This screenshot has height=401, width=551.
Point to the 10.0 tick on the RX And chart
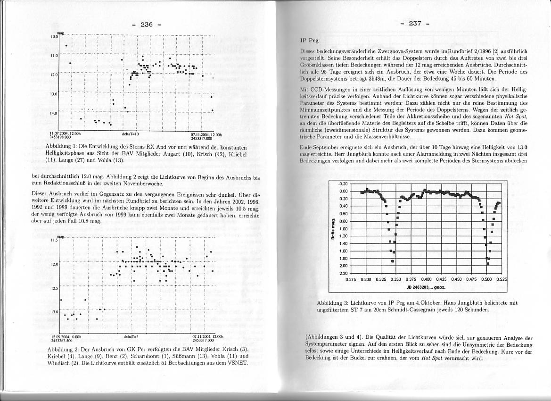[54, 36]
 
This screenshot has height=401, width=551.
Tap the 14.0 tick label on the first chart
[54, 113]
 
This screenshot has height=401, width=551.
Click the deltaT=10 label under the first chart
[130, 134]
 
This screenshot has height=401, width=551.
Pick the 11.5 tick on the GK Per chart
[54, 240]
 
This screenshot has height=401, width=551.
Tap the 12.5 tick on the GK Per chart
[54, 288]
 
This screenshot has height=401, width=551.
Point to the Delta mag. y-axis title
[333, 228]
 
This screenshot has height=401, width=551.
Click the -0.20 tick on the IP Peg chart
[343, 184]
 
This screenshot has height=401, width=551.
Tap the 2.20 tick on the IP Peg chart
[343, 274]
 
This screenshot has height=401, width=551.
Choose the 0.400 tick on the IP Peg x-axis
[426, 279]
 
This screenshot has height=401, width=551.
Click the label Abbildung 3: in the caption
[333, 303]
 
